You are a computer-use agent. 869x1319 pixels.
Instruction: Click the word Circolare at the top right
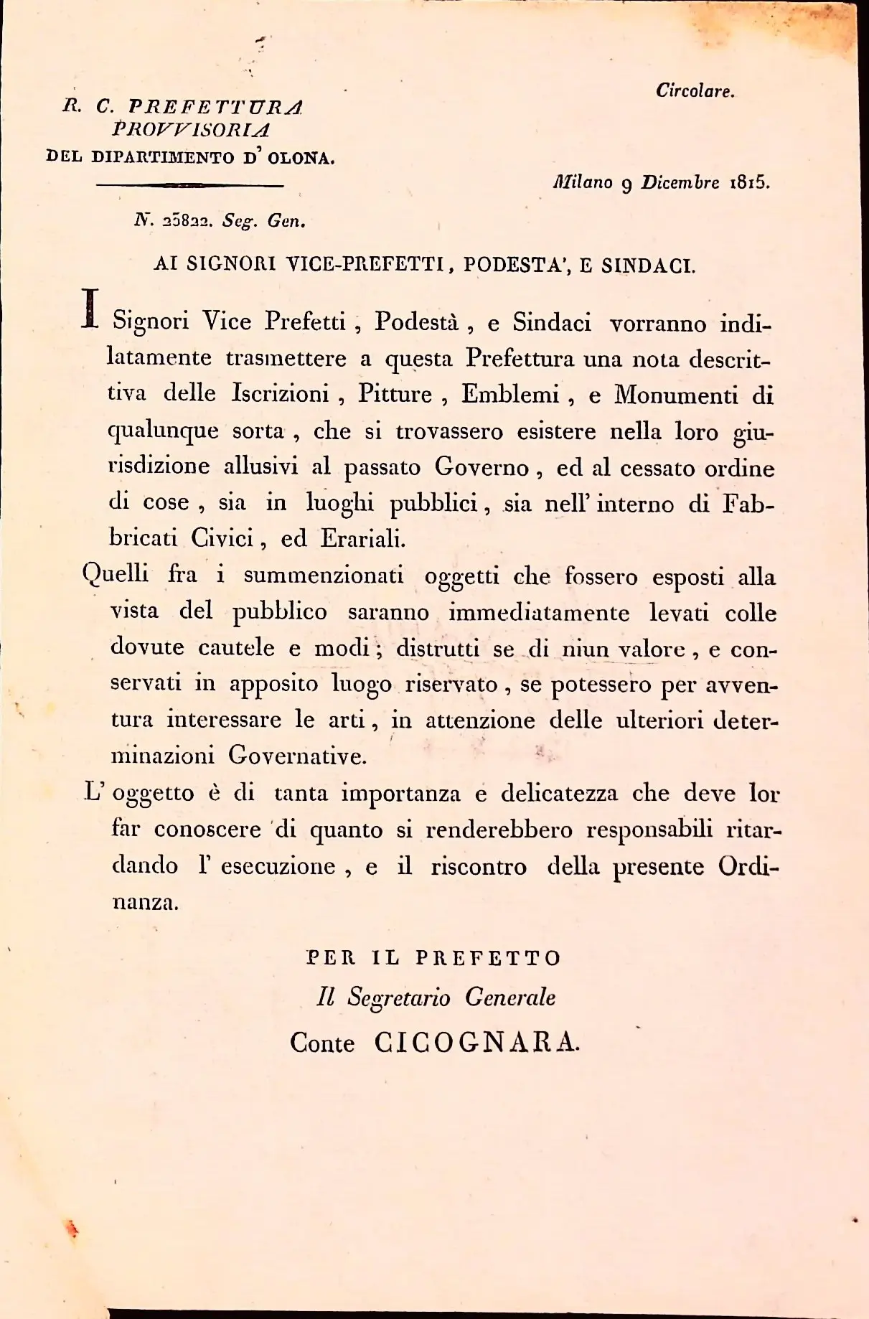(x=695, y=91)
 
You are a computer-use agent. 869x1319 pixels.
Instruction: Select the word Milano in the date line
(x=583, y=182)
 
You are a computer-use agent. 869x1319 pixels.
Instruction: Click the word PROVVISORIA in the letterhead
(x=191, y=130)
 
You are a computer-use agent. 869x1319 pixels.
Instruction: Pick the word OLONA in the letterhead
(x=301, y=158)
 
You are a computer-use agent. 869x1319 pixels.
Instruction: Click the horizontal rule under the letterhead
(x=190, y=186)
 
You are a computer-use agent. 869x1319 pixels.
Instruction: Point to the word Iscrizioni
(x=281, y=393)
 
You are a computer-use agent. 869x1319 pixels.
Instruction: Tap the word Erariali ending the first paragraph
(x=362, y=539)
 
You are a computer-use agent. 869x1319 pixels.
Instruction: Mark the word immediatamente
(x=539, y=614)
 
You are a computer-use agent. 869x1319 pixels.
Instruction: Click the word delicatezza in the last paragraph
(x=559, y=794)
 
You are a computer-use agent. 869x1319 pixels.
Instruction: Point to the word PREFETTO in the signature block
(x=488, y=959)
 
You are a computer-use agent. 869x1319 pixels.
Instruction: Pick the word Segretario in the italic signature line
(x=399, y=998)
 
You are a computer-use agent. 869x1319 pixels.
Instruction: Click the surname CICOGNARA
(x=476, y=1043)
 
